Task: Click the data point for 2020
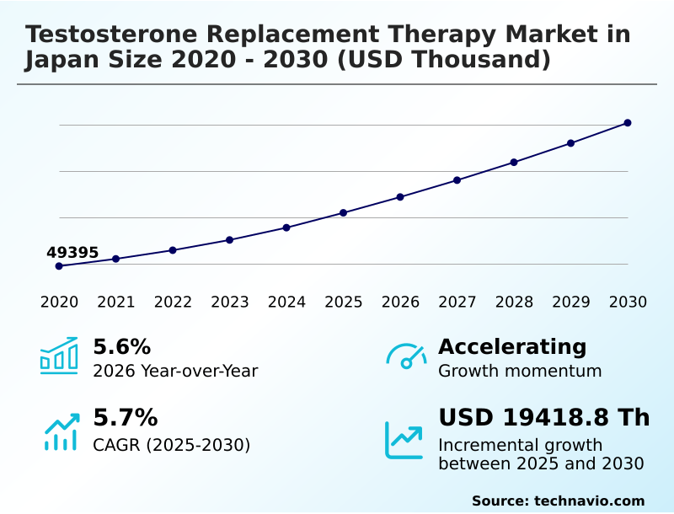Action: point(59,266)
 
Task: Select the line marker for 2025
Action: point(344,212)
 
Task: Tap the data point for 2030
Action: point(628,123)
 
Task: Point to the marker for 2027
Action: point(457,180)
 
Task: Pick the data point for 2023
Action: point(230,240)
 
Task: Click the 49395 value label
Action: point(72,253)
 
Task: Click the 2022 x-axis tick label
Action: point(173,303)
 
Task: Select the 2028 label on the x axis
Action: point(514,303)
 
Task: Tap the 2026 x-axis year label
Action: point(400,303)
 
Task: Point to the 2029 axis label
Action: point(571,303)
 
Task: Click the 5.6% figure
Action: point(121,346)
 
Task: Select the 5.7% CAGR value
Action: point(125,417)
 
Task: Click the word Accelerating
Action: point(512,346)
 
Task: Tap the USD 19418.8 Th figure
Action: point(543,417)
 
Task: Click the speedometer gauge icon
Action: point(406,356)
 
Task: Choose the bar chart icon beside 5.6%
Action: point(59,356)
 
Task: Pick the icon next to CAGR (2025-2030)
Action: point(61,431)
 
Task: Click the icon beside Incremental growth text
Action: point(404,440)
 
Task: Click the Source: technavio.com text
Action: point(558,501)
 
